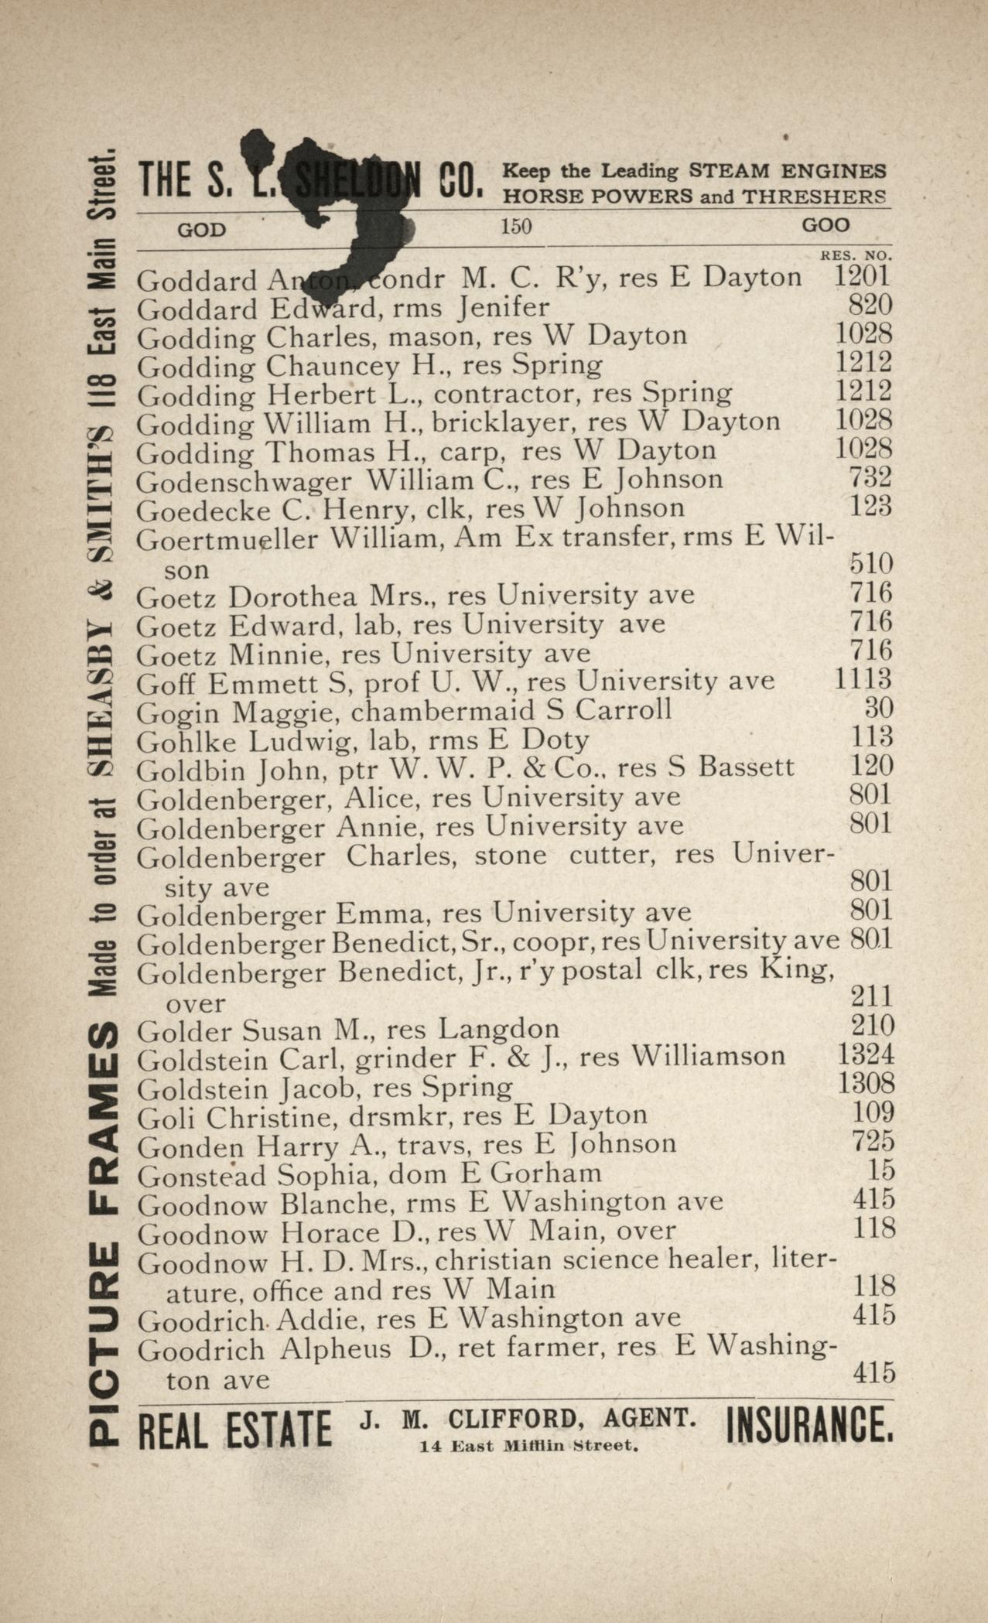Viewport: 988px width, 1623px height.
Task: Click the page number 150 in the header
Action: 516,227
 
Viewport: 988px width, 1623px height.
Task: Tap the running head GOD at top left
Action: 202,230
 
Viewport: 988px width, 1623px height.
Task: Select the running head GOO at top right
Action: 826,226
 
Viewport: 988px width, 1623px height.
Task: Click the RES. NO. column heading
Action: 856,255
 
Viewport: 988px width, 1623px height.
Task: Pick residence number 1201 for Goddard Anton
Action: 862,276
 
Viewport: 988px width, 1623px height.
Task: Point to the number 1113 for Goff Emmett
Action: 863,680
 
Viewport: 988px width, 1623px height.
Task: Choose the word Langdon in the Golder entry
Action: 499,1029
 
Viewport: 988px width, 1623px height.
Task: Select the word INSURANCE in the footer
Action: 809,1428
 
